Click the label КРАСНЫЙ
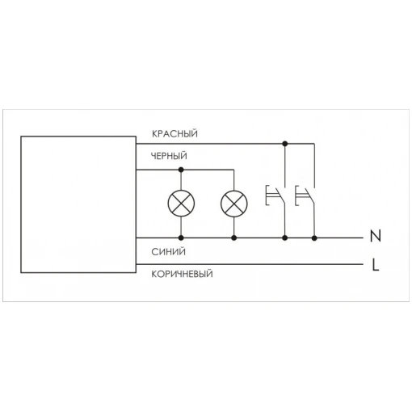tap(174, 133)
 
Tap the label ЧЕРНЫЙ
tap(169, 156)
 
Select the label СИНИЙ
tap(168, 252)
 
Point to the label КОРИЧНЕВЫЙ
tap(182, 274)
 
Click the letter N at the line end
tap(376, 236)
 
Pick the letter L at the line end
tap(376, 264)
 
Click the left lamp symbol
tap(181, 204)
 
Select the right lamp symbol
tap(234, 204)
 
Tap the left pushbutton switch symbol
tap(275, 195)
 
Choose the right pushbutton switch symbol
tap(305, 195)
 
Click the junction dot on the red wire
tap(285, 144)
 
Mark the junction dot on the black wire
tap(181, 170)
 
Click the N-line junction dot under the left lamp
tap(181, 238)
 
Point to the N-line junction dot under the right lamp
tap(234, 238)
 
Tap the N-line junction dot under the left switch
tap(285, 238)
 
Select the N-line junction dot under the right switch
tap(314, 238)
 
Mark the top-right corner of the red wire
tap(314, 144)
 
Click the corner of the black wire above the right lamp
tap(233, 170)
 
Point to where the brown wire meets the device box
tap(137, 264)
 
